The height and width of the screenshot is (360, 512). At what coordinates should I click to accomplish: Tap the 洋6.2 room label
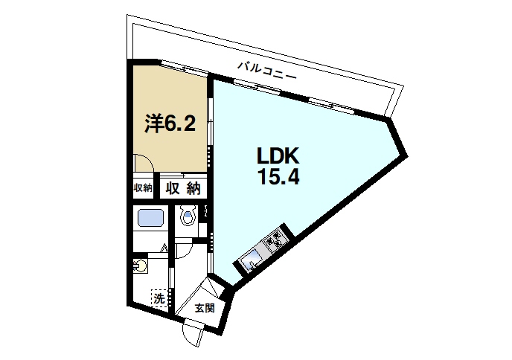170,123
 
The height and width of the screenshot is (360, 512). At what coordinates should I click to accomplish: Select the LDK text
278,157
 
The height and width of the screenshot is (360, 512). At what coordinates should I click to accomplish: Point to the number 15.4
278,179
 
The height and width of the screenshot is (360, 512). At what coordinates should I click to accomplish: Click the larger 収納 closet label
183,188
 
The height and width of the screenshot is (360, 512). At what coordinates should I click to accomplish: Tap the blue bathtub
151,218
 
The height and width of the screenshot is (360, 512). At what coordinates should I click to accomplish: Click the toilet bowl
188,218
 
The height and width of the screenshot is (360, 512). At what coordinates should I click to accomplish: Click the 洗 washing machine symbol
159,298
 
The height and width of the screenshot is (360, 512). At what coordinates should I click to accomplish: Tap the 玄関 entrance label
205,307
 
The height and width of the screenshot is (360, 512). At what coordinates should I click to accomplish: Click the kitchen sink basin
249,259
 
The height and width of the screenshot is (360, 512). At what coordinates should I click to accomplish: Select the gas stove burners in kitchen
274,239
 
